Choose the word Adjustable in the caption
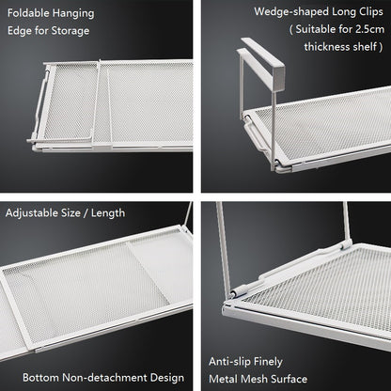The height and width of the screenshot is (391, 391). [32, 213]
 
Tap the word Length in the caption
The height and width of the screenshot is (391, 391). [108, 213]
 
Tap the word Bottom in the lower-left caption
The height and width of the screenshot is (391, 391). [40, 377]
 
